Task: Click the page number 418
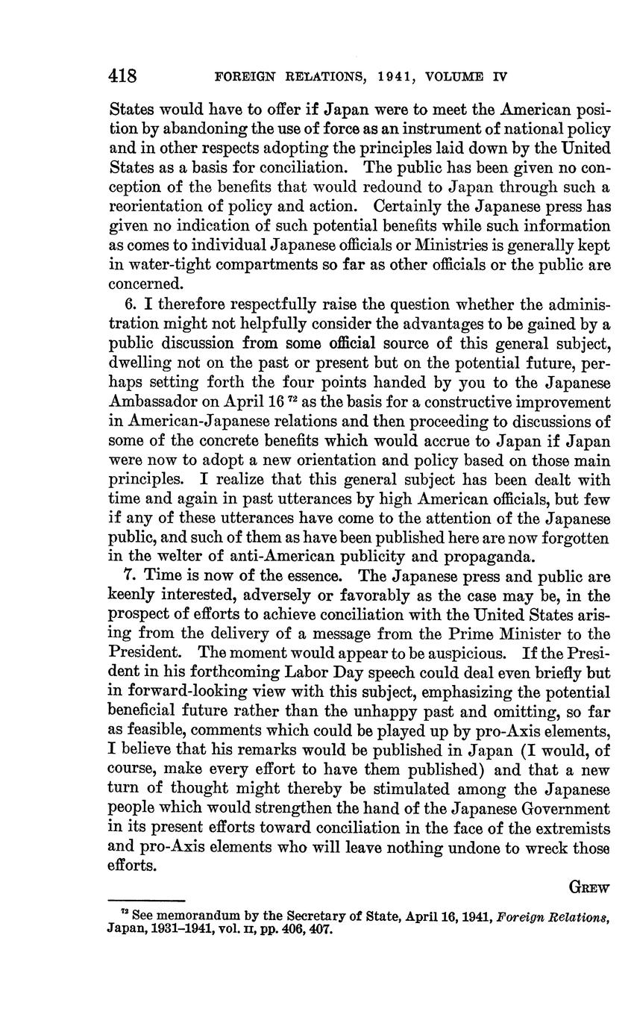pos(122,75)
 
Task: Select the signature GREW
pos(590,887)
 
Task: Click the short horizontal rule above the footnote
pos(146,901)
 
